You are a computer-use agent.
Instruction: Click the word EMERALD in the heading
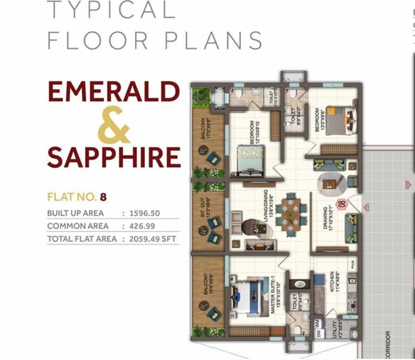114,92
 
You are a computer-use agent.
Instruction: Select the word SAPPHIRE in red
114,157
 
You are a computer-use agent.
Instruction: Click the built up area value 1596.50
145,213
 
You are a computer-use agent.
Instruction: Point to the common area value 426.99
141,226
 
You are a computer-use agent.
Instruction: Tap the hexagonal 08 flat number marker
343,204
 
